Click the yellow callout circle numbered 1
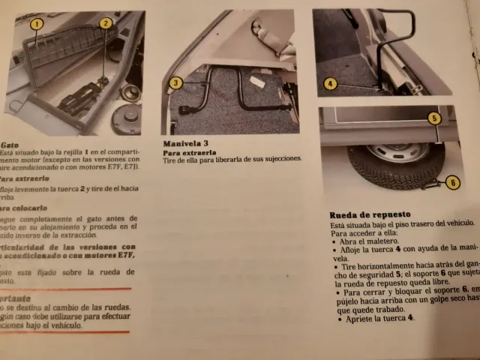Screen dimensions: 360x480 pos(36,23)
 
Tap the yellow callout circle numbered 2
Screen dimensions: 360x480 pos(106,23)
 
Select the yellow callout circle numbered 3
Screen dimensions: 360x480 pos(175,82)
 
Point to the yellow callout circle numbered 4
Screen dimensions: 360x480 pos(331,83)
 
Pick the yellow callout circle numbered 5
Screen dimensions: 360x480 pos(434,118)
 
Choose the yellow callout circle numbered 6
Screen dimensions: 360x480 pos(451,181)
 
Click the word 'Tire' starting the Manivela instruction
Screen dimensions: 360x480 pos(170,159)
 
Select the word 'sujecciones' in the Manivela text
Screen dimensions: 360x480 pos(279,159)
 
